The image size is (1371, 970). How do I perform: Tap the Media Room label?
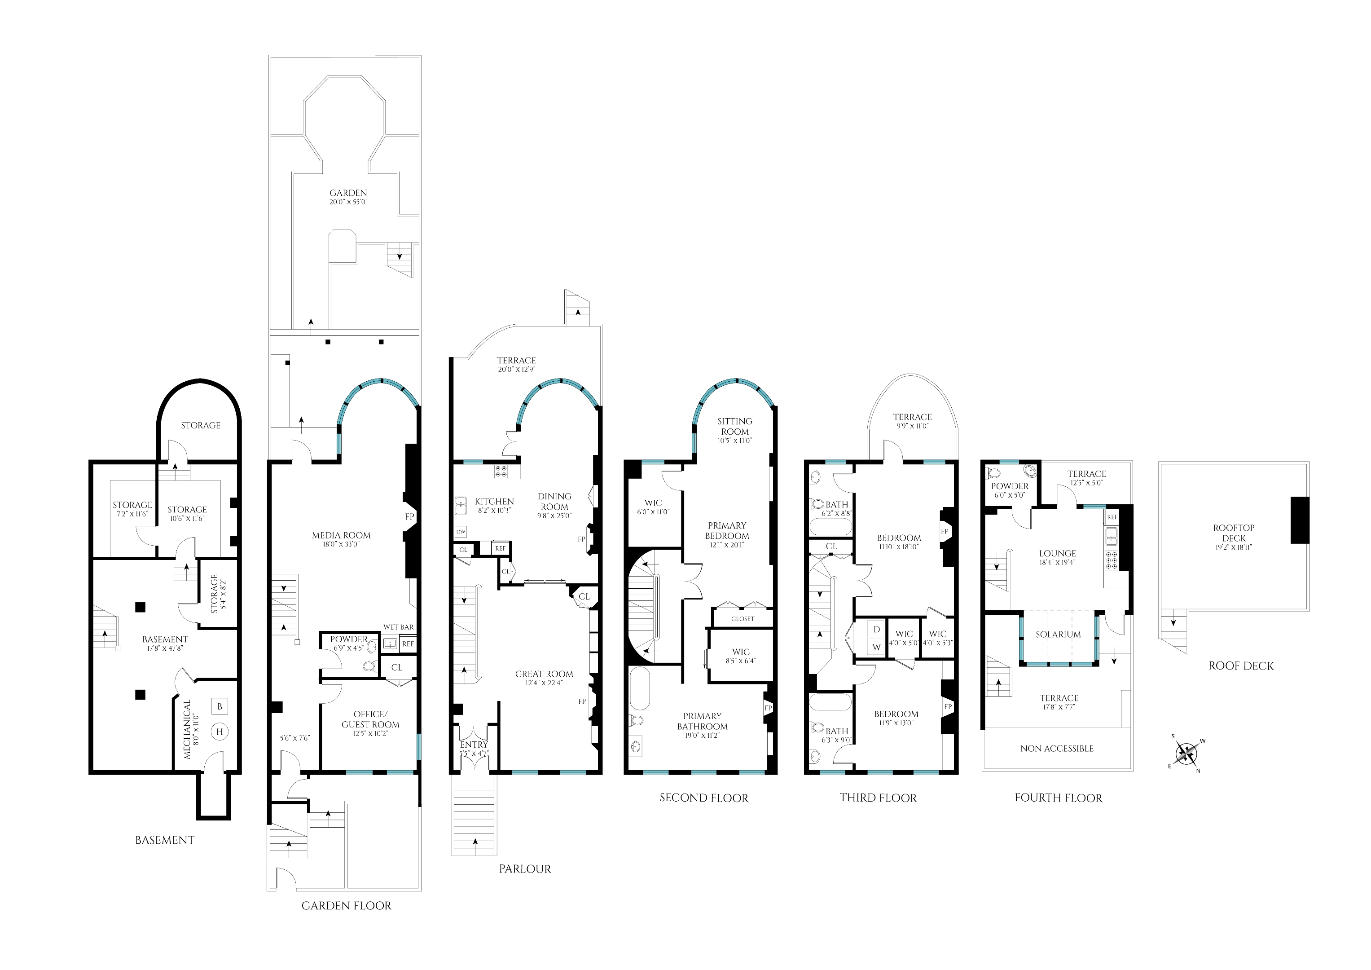point(341,535)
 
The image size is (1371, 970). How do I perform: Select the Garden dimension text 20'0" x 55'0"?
point(348,203)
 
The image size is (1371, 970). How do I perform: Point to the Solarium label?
point(1058,635)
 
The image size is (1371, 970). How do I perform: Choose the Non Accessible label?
point(1057,749)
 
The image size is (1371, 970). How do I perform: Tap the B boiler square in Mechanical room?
point(220,706)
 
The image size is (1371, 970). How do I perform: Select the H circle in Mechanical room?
point(220,732)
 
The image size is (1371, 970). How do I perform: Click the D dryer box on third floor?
point(877,630)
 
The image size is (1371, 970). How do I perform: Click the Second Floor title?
point(704,798)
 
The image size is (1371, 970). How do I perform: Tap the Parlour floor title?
point(525,869)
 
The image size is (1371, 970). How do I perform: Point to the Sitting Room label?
point(735,427)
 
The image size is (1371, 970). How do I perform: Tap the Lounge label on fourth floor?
point(1058,554)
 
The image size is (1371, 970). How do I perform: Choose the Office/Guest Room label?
point(370,719)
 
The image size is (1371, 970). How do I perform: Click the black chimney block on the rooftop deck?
point(1300,520)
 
